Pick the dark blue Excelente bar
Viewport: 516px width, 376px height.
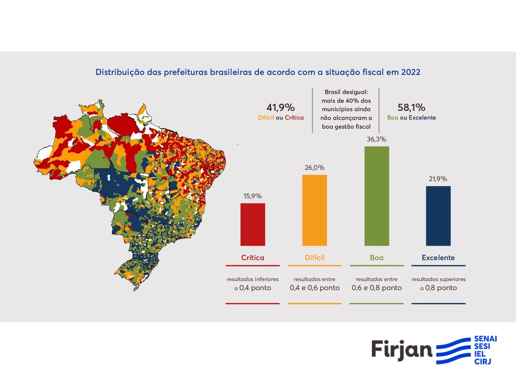click(438, 216)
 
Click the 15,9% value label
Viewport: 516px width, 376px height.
click(253, 196)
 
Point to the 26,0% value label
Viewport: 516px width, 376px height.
click(314, 168)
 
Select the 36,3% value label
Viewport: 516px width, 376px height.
click(377, 139)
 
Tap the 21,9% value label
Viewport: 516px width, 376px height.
click(438, 179)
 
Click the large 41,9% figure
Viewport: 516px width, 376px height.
click(280, 108)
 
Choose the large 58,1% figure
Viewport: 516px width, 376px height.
click(411, 108)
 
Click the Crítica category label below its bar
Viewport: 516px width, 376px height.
click(253, 258)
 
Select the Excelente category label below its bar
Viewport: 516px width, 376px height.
click(438, 258)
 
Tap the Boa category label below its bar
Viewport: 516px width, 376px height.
click(377, 258)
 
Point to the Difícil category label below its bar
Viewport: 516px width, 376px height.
click(314, 258)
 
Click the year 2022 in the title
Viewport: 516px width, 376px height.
click(411, 72)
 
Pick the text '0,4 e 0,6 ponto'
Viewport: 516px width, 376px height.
click(314, 288)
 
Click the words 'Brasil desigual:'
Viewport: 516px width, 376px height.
click(346, 92)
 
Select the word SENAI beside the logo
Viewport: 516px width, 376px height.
click(485, 339)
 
